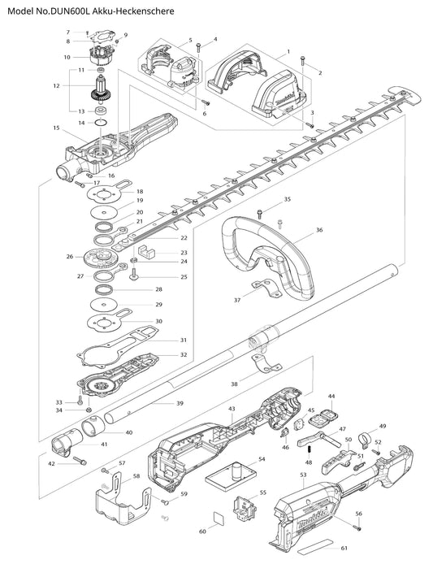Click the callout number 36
(x=319, y=230)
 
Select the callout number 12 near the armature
(x=56, y=85)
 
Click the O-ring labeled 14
(x=101, y=123)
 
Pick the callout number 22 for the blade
(x=184, y=238)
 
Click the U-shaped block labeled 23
(x=146, y=251)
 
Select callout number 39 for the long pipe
(x=180, y=403)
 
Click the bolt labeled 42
(x=80, y=461)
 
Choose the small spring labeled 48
(x=308, y=449)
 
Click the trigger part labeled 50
(x=336, y=462)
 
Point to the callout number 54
(x=262, y=459)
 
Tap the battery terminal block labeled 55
(x=245, y=508)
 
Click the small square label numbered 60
(x=218, y=518)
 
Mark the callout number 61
(x=344, y=549)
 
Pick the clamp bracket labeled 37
(x=266, y=288)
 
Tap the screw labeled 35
(x=259, y=214)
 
